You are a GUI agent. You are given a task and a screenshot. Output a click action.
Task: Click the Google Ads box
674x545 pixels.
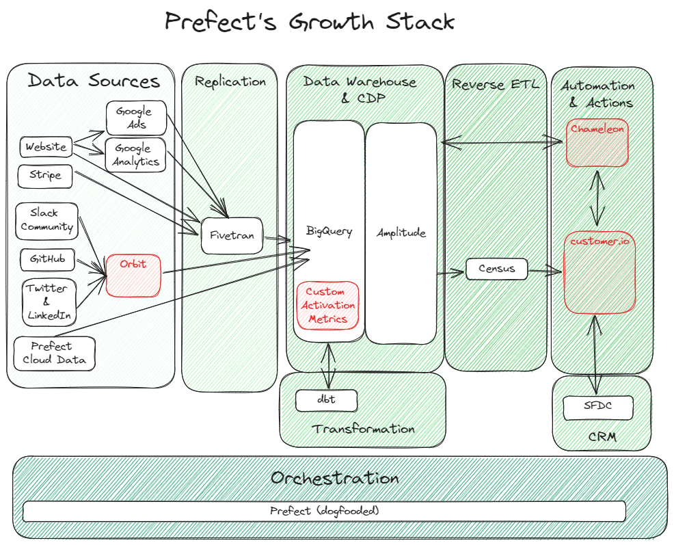pos(136,118)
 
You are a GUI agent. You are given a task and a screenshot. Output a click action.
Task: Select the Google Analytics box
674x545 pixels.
pos(136,155)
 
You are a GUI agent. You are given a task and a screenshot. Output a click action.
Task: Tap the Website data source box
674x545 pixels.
pos(46,146)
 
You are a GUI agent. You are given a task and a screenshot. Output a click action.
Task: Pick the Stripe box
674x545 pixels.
pos(45,175)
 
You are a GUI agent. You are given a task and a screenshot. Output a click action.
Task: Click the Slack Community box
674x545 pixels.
pos(46,221)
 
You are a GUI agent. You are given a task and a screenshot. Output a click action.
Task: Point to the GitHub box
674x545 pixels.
pos(47,260)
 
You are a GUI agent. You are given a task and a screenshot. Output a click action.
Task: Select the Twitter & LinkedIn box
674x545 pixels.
pos(47,302)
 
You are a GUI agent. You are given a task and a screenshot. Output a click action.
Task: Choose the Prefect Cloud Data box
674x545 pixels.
pos(54,353)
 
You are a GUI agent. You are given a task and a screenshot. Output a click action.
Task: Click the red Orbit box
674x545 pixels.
pos(133,275)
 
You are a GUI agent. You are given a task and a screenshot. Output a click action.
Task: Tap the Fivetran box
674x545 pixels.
pos(232,236)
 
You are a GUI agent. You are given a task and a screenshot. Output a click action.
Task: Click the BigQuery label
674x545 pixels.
pos(329,232)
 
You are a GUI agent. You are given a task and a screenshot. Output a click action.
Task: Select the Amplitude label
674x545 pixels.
pos(401,232)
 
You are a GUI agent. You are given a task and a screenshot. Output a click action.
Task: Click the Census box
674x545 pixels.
pos(497,269)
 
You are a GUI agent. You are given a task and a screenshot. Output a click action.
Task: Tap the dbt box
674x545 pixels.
pos(327,400)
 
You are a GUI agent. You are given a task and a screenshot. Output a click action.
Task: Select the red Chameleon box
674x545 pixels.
pos(597,143)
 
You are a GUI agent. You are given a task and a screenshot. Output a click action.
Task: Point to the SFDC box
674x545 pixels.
pos(597,408)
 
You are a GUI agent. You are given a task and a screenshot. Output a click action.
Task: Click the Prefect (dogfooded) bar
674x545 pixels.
pos(324,511)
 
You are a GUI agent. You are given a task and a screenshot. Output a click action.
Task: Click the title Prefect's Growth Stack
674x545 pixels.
pos(310,22)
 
